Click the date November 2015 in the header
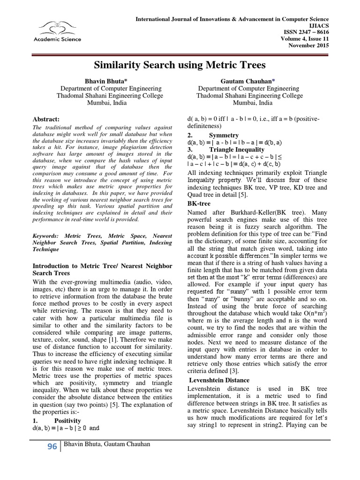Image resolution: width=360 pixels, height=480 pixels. pos(309,45)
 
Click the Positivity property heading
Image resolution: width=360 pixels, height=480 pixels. pos(67,420)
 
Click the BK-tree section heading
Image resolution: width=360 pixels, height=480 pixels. pos(199,203)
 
